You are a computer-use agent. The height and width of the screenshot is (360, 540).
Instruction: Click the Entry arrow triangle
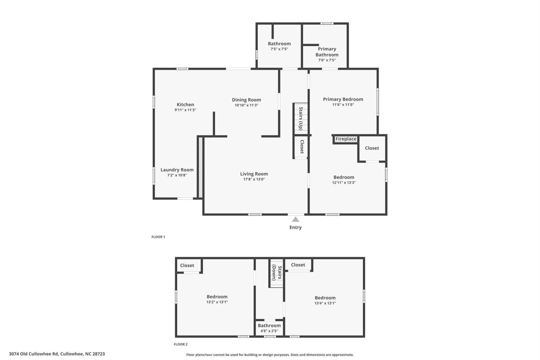click(295, 219)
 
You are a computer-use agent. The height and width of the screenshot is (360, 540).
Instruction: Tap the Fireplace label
click(346, 139)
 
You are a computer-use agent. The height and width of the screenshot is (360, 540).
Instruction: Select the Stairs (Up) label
click(301, 118)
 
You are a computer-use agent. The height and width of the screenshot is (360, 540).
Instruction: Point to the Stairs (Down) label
click(276, 273)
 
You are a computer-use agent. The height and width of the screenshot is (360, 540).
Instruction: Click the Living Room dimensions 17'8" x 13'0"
click(254, 179)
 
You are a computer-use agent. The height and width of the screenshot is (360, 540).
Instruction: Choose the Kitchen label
click(185, 105)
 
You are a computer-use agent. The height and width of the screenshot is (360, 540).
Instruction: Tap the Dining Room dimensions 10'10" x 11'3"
click(246, 105)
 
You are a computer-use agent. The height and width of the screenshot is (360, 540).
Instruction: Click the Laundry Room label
click(177, 170)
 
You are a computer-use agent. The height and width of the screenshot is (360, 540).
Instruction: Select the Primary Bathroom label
click(327, 52)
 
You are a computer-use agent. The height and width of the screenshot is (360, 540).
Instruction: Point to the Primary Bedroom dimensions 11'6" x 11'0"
click(343, 105)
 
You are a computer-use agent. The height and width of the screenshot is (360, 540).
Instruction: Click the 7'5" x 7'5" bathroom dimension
click(279, 49)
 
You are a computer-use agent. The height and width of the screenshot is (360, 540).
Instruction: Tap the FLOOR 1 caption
click(158, 237)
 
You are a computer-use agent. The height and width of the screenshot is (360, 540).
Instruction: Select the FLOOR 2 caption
click(180, 344)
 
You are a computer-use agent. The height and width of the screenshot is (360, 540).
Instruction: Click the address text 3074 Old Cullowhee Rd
click(33, 354)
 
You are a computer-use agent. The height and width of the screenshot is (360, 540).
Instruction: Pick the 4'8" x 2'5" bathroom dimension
click(269, 331)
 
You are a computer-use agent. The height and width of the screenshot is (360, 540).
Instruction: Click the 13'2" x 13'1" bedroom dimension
click(217, 302)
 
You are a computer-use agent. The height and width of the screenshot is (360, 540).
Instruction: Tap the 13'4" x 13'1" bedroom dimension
click(325, 303)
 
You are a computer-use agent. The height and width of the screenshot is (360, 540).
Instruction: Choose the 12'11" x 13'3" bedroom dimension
click(344, 183)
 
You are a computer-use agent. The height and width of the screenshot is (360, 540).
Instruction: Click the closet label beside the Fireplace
click(372, 148)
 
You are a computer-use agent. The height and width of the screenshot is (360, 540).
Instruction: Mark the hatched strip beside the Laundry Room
click(201, 167)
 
